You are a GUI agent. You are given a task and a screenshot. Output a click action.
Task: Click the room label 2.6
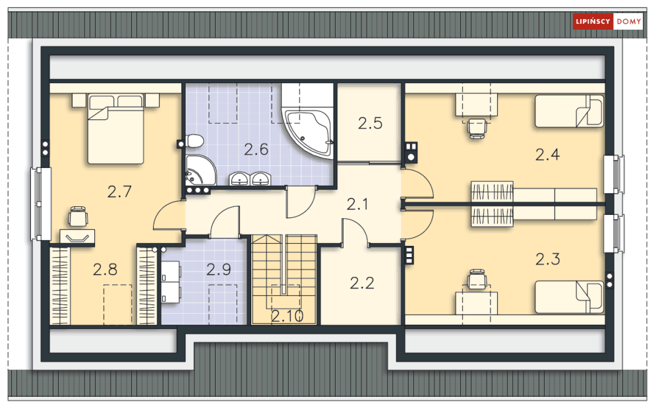coord(256,150)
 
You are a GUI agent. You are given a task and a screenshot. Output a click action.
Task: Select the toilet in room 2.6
coord(194,141)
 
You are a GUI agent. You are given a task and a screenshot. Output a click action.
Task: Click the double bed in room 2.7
coord(115,129)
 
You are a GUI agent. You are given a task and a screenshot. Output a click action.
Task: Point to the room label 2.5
coord(371,123)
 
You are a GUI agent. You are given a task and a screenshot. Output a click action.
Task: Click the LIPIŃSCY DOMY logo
coord(607,21)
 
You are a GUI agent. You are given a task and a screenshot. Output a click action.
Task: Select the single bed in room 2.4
coord(570,111)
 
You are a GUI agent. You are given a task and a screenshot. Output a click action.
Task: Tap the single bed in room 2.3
coord(570,297)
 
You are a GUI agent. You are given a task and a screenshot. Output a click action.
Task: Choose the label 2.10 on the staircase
coord(287,316)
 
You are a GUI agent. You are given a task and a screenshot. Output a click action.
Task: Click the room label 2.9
coord(218,270)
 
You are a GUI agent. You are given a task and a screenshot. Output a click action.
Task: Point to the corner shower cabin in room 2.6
coord(200,170)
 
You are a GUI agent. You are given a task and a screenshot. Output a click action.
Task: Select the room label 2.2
coord(362,283)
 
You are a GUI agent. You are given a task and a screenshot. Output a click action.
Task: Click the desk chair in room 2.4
coord(477,128)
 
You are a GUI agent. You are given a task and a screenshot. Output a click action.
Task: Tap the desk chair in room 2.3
coord(477,279)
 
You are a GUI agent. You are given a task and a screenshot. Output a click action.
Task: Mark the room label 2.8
coord(105,270)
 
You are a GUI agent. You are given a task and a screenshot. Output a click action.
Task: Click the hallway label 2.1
coord(357,204)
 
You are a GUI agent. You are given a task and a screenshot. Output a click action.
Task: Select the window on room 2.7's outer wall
coord(41,204)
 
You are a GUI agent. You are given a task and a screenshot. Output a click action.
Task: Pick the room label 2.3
coord(548,259)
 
